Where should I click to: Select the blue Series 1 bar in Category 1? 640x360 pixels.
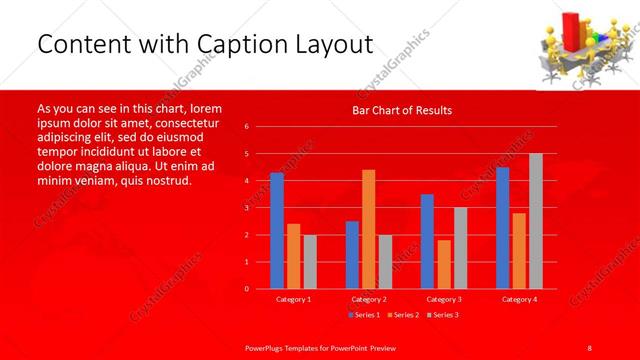[277, 230]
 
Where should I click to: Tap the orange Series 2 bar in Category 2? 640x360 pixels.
[368, 229]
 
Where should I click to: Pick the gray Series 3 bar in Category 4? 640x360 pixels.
[536, 221]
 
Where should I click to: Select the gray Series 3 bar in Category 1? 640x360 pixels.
[310, 261]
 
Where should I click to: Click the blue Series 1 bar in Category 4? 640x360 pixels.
[502, 227]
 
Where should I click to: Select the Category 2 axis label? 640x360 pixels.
[368, 299]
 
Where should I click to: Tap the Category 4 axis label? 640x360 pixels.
[519, 299]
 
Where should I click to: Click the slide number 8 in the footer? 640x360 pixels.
[590, 346]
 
